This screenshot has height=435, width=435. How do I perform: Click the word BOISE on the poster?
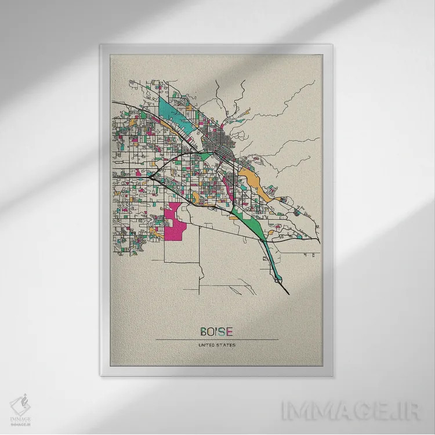[x=216, y=332]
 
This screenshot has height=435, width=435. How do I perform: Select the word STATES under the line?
[x=226, y=346]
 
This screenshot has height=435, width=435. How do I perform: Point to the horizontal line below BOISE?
[x=216, y=340]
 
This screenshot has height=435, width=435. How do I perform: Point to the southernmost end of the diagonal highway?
[x=288, y=293]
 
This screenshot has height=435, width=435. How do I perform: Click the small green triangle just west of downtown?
[x=205, y=155]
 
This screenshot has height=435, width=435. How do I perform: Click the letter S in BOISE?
[x=223, y=332]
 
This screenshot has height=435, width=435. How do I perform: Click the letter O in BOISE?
[x=211, y=332]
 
